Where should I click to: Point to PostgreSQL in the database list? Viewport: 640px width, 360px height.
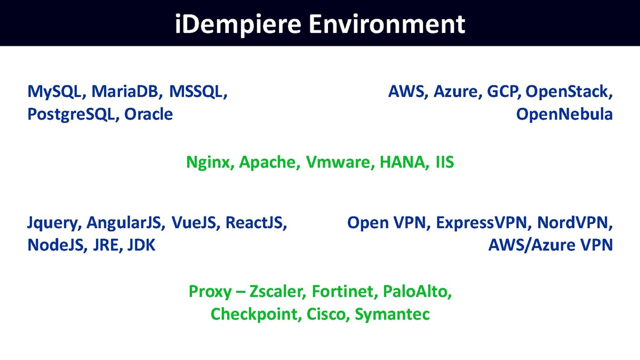(x=73, y=114)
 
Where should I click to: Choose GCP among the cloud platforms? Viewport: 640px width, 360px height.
(x=503, y=92)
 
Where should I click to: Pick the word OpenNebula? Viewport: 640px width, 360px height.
(x=564, y=114)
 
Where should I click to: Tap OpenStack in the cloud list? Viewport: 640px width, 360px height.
(x=569, y=92)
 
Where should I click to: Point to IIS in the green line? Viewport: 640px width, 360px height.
(x=444, y=162)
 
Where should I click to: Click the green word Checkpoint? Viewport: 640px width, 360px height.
(x=255, y=314)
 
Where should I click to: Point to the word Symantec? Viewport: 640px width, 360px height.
(x=392, y=314)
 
